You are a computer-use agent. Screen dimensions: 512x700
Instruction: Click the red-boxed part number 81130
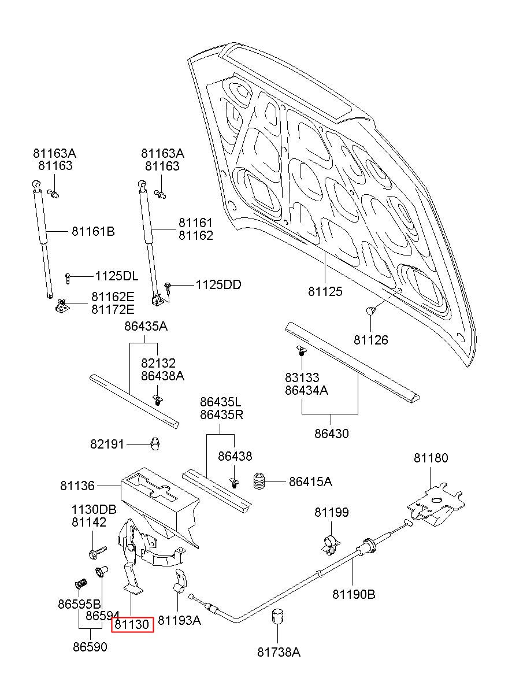pyautogui.click(x=132, y=624)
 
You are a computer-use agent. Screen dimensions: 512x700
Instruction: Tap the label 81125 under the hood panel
pyautogui.click(x=325, y=291)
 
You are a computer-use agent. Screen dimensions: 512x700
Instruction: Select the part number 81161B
pyautogui.click(x=93, y=232)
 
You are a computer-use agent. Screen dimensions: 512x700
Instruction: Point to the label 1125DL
pyautogui.click(x=116, y=276)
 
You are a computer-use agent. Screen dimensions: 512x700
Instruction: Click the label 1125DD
pyautogui.click(x=218, y=285)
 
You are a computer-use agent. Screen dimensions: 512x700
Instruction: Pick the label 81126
pyautogui.click(x=371, y=340)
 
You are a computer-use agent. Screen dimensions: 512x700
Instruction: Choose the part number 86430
pyautogui.click(x=332, y=434)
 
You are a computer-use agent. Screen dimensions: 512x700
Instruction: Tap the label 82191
pyautogui.click(x=107, y=444)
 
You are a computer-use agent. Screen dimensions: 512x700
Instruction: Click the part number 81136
pyautogui.click(x=77, y=486)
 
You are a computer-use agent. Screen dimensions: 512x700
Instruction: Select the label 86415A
pyautogui.click(x=310, y=482)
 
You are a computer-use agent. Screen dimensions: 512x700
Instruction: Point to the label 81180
pyautogui.click(x=431, y=458)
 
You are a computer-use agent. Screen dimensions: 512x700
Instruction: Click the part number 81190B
pyautogui.click(x=354, y=594)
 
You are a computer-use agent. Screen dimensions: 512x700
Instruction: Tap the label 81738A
pyautogui.click(x=279, y=652)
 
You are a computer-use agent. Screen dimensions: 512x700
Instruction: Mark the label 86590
pyautogui.click(x=90, y=647)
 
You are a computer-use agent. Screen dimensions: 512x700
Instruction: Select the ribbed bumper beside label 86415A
pyautogui.click(x=259, y=482)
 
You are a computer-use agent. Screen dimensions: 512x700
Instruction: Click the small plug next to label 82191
pyautogui.click(x=155, y=443)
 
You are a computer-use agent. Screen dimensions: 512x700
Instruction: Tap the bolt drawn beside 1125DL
pyautogui.click(x=68, y=278)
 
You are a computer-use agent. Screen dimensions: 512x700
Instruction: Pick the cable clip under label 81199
pyautogui.click(x=330, y=545)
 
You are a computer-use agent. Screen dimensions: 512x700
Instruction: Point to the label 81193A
pyautogui.click(x=179, y=620)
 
